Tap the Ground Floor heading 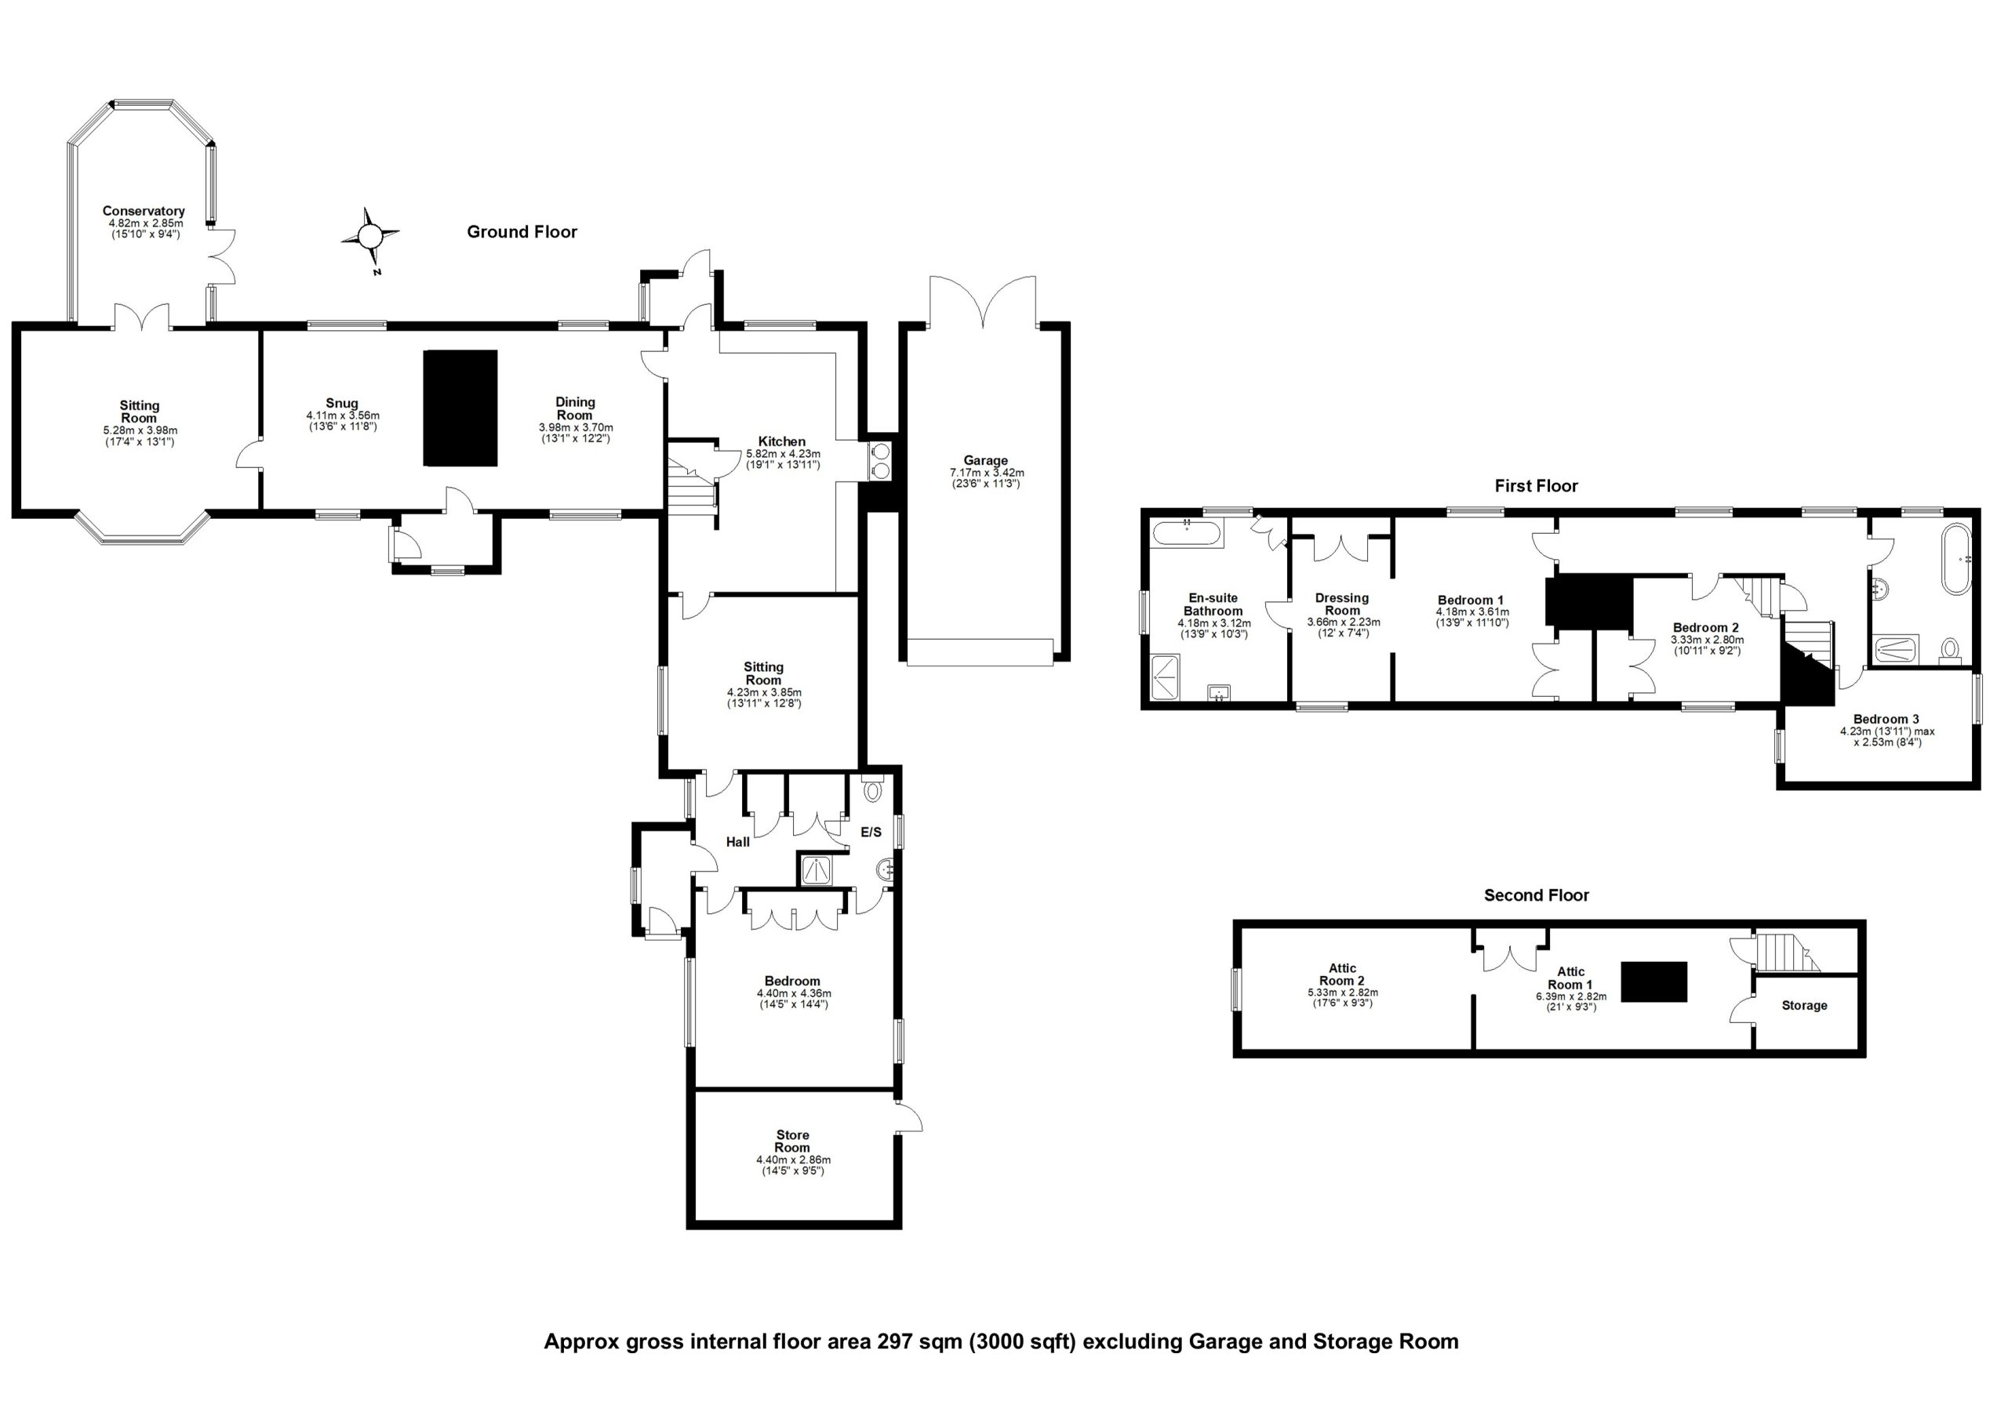pos(522,232)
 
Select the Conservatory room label pos(144,211)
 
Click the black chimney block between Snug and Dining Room pos(460,408)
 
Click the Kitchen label pos(781,441)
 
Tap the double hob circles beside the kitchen pos(880,461)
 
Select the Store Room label pos(792,1141)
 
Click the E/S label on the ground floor pos(871,833)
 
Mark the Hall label pos(737,842)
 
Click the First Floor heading pos(1536,486)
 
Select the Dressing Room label pos(1341,604)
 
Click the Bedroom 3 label pos(1886,720)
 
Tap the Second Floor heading pos(1536,895)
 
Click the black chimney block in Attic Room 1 pos(1653,981)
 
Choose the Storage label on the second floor pos(1804,1006)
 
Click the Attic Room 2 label pos(1341,974)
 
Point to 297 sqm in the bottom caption pos(919,1341)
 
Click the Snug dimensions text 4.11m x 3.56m pos(343,416)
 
